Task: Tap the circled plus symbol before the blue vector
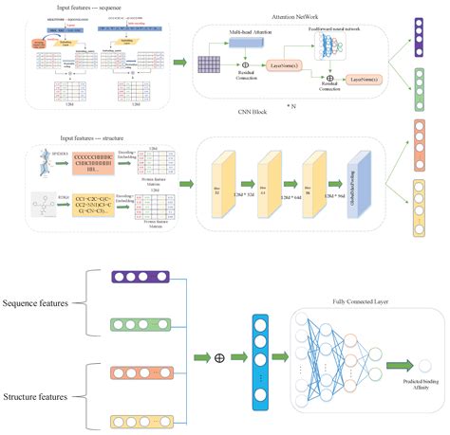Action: (218, 358)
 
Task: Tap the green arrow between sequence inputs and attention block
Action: (178, 63)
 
